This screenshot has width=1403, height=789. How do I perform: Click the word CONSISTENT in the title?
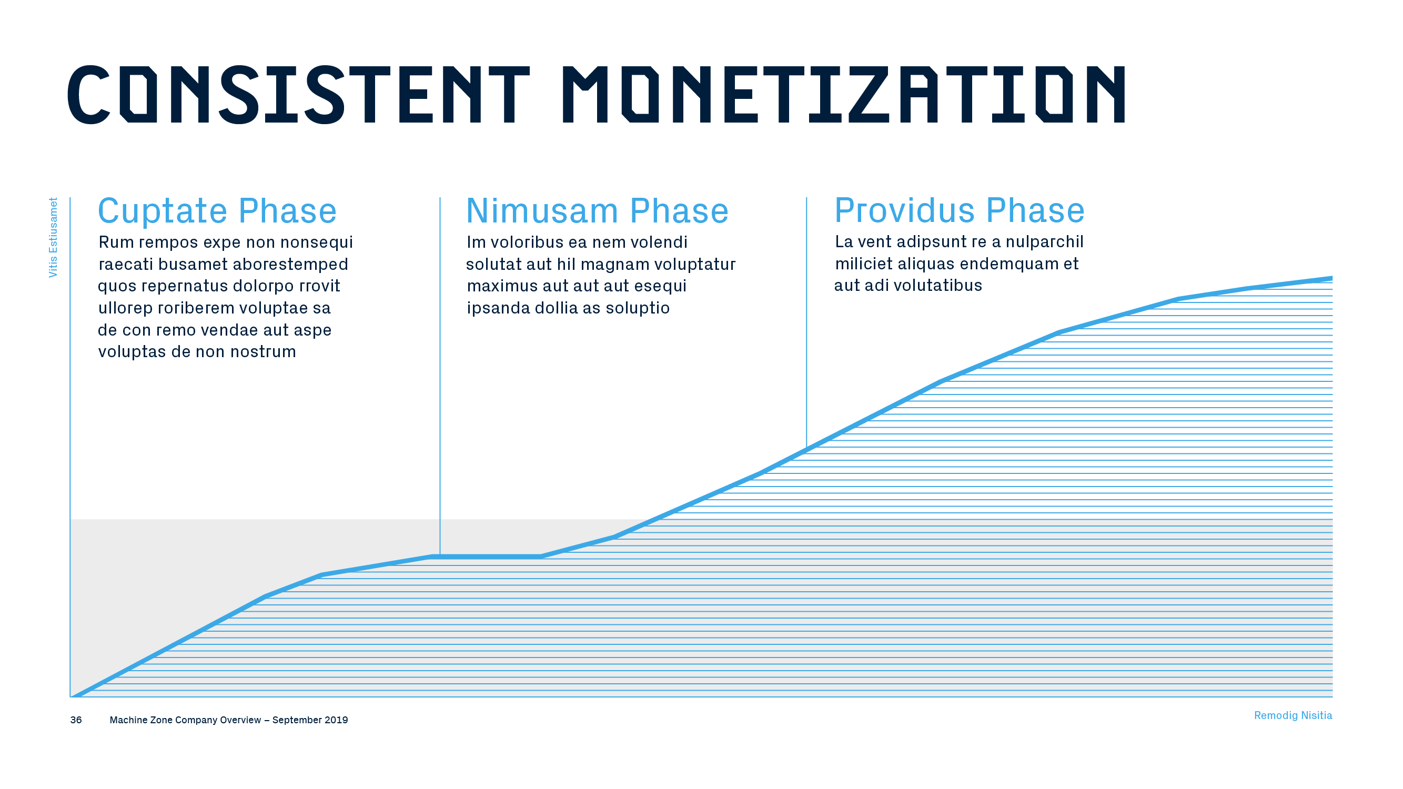coord(298,95)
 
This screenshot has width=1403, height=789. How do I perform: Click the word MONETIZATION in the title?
coord(844,95)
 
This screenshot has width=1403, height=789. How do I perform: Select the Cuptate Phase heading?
coord(217,211)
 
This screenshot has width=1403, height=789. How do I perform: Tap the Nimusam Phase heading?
coord(598,211)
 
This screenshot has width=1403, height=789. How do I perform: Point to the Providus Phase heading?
coord(960,211)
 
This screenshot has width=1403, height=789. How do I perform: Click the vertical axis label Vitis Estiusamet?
coord(53,237)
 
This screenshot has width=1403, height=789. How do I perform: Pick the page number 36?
coord(76,720)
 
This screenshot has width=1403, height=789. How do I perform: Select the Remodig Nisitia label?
coord(1293,715)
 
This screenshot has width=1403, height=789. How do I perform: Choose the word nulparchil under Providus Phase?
coord(1045,242)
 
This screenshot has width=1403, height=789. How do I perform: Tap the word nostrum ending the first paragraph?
coord(264,352)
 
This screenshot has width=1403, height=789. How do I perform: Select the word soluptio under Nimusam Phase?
coord(638,308)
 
